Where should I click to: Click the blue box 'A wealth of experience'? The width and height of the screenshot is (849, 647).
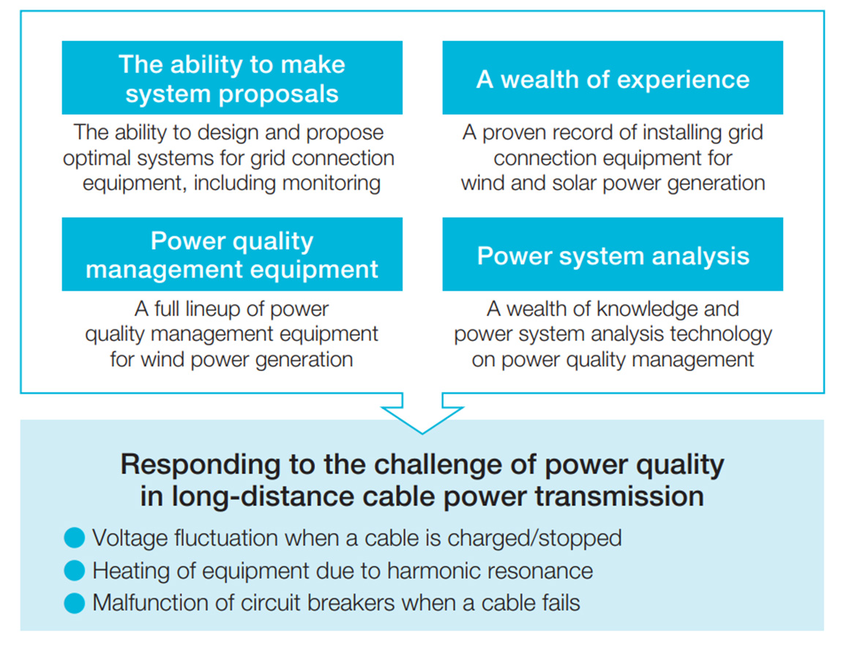click(x=613, y=78)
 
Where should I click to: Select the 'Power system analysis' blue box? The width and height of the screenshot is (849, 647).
click(x=613, y=255)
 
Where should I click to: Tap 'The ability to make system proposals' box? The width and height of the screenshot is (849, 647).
click(x=232, y=78)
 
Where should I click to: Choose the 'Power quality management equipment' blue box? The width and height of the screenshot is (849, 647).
click(x=232, y=255)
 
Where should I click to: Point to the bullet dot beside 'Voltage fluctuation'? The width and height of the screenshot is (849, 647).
click(x=75, y=539)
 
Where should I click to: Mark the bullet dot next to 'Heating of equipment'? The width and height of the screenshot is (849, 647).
click(x=75, y=571)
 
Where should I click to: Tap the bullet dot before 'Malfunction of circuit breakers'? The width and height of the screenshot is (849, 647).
click(x=75, y=603)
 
